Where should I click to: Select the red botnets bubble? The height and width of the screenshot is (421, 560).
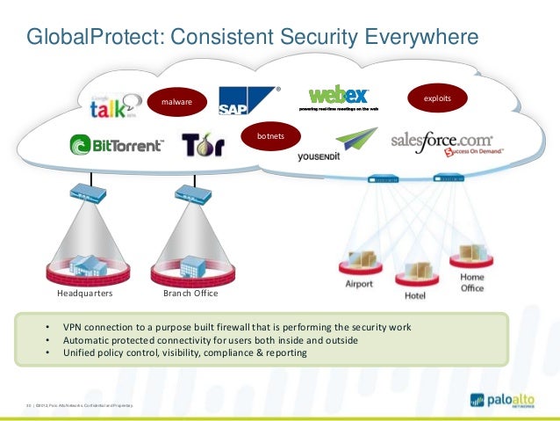coord(269,137)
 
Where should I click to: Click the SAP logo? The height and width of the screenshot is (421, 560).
coord(248,102)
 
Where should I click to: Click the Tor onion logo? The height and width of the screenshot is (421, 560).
coord(203,143)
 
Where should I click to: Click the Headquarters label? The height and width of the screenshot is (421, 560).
coord(85,293)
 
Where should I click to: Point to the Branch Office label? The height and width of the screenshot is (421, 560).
coord(190,293)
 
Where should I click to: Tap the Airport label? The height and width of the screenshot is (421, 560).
coord(358,285)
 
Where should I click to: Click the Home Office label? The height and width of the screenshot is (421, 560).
coord(471,283)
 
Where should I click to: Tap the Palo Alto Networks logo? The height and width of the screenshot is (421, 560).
coord(503,400)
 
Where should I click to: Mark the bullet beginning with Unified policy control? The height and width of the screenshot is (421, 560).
coord(185,352)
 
